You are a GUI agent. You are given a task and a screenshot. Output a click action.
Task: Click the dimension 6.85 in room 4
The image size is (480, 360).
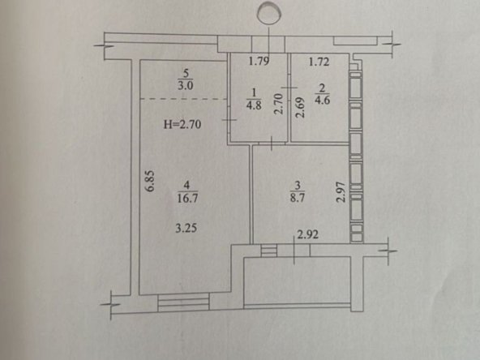pos(151,182)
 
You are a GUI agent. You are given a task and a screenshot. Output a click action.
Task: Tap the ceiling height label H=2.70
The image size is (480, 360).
pos(182,125)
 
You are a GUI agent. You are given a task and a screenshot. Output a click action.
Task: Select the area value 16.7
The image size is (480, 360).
pos(187,199)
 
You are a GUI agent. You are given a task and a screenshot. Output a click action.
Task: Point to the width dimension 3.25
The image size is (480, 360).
pos(186,228)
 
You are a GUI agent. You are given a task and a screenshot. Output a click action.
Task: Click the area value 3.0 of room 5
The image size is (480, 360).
pos(186,85)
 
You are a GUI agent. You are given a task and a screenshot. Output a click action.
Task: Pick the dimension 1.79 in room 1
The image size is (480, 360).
pos(259,62)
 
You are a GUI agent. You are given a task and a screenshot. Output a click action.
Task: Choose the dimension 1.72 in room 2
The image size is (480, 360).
pos(319,62)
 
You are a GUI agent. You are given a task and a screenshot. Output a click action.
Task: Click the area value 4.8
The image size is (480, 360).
pos(254,105)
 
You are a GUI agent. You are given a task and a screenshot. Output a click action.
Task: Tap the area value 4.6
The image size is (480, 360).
pos(323,101)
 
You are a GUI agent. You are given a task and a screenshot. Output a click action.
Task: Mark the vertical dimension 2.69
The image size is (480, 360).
pos(301,108)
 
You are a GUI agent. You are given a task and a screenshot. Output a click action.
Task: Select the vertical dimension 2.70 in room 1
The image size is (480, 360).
pos(279,104)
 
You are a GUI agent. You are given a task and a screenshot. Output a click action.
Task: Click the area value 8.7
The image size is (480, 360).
pos(298,198)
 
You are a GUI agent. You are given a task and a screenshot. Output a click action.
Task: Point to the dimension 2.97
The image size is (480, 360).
pos(341,192)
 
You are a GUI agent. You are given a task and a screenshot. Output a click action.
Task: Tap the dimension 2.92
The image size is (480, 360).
pos(308,235)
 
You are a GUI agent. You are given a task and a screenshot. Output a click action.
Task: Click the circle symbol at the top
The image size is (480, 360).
pos(269,12)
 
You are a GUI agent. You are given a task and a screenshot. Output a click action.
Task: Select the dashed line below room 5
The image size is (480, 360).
pos(184,99)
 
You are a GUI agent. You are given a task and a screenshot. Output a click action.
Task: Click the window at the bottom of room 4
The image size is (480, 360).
pos(184,302)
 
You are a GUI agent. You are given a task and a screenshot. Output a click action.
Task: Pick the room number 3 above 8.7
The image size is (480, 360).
pos(298,186)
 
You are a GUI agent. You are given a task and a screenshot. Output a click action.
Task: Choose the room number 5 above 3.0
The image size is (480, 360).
pos(186,74)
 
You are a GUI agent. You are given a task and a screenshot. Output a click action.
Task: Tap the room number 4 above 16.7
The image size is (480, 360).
pos(187,186)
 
